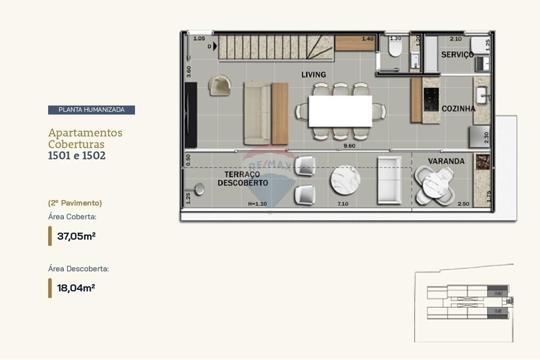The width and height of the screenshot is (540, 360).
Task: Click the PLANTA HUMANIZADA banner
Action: click(x=91, y=110)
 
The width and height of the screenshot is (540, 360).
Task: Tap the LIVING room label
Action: click(x=313, y=74)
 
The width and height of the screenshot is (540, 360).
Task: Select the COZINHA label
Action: click(x=458, y=108)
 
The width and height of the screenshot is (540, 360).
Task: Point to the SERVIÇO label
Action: click(x=457, y=55)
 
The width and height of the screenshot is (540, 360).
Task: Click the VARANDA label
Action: click(x=446, y=161)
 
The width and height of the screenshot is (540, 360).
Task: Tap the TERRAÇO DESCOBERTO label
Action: click(x=242, y=179)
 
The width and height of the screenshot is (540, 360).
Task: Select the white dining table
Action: click(x=340, y=111)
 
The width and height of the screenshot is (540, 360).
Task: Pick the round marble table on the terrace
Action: click(x=345, y=180)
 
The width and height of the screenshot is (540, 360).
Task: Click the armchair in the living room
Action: click(x=220, y=85)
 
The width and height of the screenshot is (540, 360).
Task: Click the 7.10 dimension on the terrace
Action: click(x=342, y=204)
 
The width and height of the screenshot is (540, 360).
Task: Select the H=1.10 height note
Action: click(x=258, y=204)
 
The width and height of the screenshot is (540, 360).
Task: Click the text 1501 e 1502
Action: click(x=77, y=156)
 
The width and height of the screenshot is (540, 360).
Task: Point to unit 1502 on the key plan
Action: click(x=497, y=293)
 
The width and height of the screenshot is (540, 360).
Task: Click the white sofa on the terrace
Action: click(x=389, y=180)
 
